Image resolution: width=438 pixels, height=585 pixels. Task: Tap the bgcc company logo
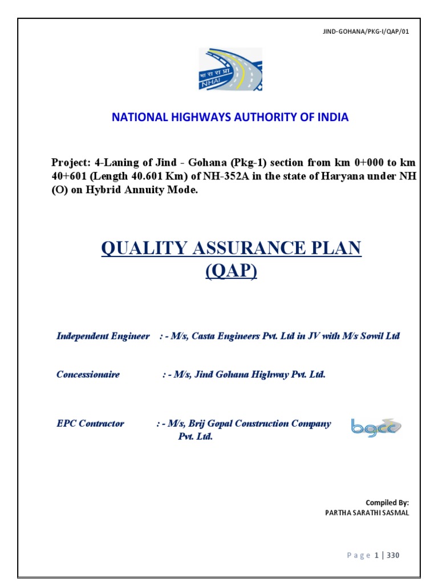tap(376, 427)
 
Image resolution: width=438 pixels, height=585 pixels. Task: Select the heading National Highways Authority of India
tap(230, 117)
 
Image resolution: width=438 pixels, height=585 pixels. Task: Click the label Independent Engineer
tap(103, 336)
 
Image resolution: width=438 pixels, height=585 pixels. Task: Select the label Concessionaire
tap(88, 375)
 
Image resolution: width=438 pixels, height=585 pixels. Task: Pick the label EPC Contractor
tap(90, 424)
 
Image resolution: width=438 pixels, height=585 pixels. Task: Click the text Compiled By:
tap(387, 503)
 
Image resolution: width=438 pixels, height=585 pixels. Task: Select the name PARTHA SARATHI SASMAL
tap(367, 512)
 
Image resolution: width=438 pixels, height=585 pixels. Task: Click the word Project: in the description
tap(71, 162)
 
